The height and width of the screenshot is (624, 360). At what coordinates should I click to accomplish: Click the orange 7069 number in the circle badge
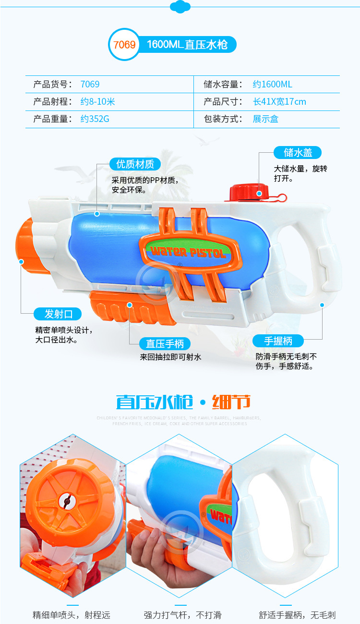(124, 45)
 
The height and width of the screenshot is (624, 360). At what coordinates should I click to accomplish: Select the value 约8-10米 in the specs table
(97, 102)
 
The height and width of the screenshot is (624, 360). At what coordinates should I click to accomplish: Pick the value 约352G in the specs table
(95, 119)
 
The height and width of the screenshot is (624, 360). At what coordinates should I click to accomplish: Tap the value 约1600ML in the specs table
(272, 85)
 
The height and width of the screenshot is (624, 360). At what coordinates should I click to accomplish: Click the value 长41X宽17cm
(279, 102)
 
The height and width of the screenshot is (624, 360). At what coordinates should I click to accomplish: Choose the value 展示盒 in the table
(265, 119)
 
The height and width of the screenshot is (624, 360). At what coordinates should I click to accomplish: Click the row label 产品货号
(52, 85)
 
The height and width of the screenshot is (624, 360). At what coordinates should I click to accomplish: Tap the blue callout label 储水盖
(298, 153)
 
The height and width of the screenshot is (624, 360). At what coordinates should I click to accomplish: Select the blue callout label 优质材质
(135, 164)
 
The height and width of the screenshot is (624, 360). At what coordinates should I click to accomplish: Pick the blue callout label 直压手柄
(161, 343)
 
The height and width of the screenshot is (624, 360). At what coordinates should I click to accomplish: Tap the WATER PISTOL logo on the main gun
(189, 251)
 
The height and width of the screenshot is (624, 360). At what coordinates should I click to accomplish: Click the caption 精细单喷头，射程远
(72, 615)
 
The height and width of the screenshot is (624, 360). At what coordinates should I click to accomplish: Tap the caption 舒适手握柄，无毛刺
(297, 615)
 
